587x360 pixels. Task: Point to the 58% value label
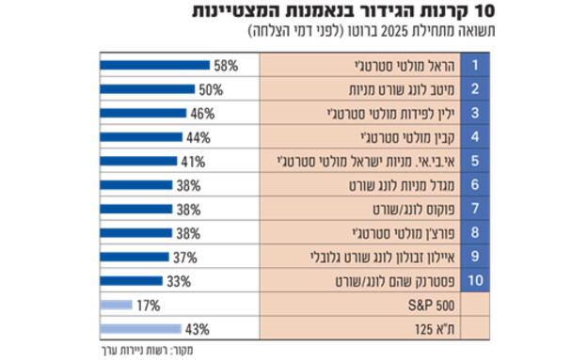[226, 67]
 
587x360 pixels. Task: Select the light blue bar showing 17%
[115, 305]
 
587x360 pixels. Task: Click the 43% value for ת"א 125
[197, 329]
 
